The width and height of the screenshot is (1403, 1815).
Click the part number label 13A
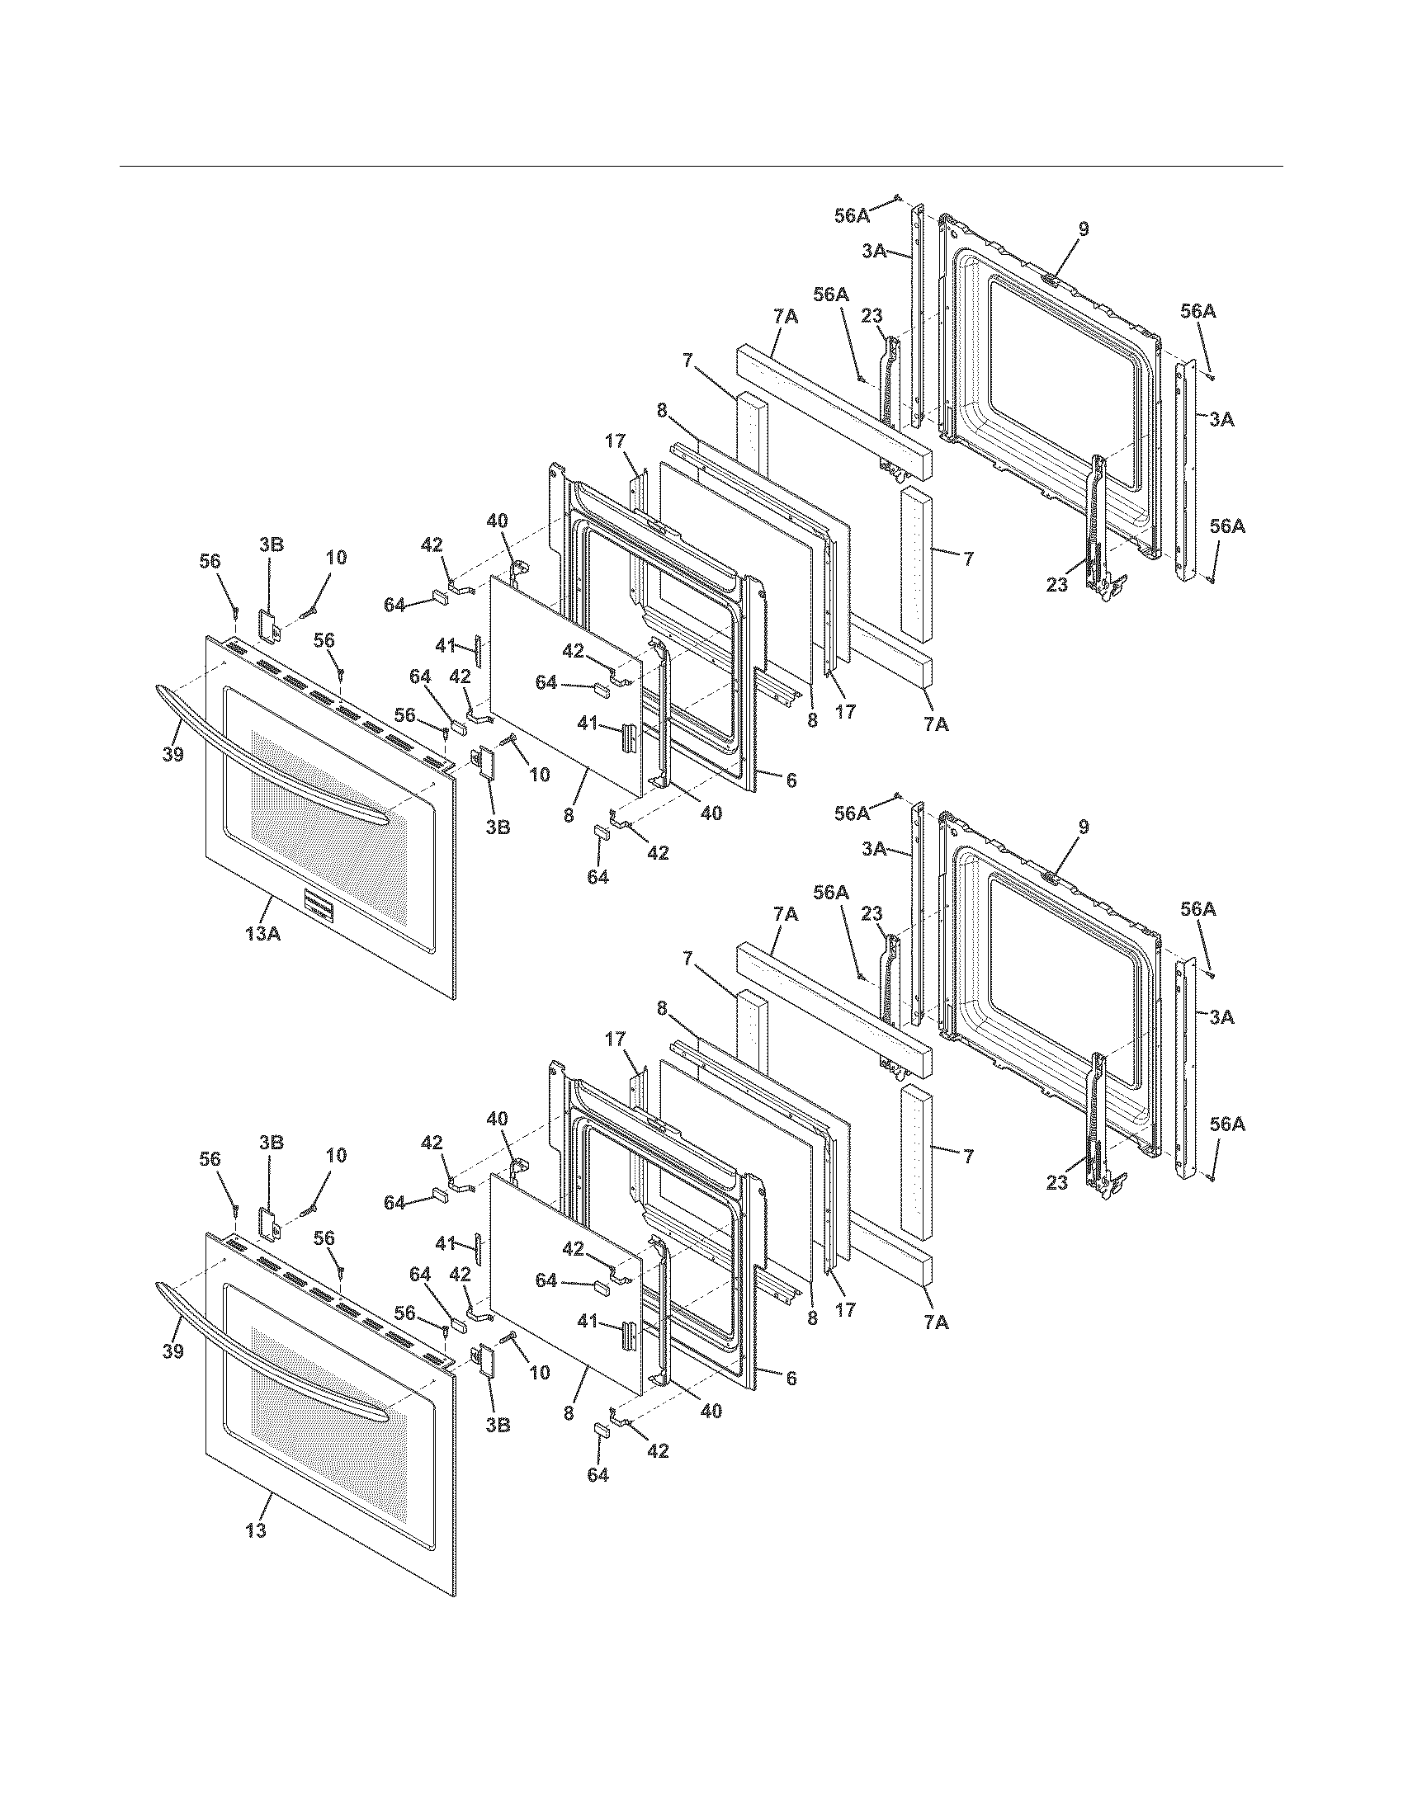tap(262, 932)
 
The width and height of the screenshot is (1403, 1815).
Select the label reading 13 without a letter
tap(257, 1530)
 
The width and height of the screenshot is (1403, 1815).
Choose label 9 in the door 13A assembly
tap(1084, 229)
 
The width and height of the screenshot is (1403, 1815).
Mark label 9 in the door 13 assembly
tap(1084, 827)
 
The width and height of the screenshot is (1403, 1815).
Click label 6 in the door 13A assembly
tap(791, 780)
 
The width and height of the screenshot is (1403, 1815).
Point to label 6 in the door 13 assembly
tap(791, 1379)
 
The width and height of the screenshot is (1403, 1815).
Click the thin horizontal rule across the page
tap(701, 166)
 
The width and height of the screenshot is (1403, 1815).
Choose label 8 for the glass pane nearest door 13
tap(569, 1413)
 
